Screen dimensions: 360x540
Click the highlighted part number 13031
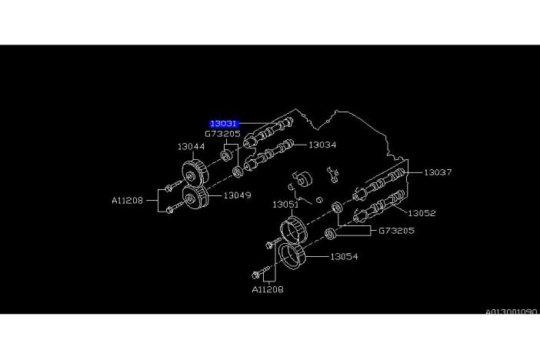225,123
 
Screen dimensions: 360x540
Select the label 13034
323,144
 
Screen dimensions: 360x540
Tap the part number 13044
191,146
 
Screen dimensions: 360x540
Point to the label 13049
238,195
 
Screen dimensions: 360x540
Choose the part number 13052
422,213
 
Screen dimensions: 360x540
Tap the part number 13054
345,257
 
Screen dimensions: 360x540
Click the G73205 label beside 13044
222,133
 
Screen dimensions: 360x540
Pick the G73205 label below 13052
396,230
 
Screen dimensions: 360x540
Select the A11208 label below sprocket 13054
267,290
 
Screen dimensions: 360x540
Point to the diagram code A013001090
511,313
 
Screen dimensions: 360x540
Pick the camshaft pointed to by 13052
379,207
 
